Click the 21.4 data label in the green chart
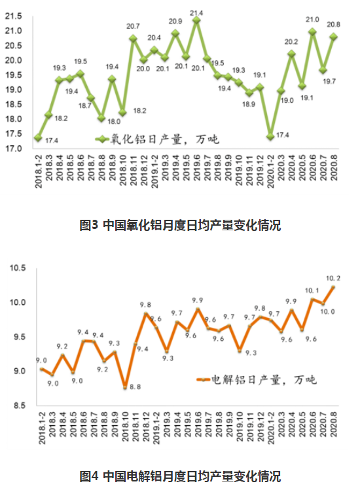coord(196,12)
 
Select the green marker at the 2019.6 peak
coord(196,21)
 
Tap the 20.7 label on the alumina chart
coord(133,26)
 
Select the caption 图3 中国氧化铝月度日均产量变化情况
coord(179,226)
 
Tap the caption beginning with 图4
coord(179,475)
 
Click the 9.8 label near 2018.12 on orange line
coord(145,305)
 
